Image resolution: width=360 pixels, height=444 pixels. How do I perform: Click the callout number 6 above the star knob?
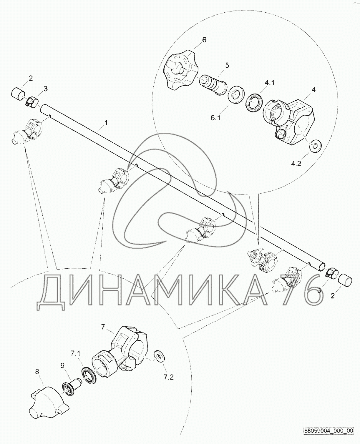tap(204, 40)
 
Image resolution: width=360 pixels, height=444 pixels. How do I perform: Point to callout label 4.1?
tap(269, 83)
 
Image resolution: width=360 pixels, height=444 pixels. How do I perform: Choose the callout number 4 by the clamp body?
tap(313, 90)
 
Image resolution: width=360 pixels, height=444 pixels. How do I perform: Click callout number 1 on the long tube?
tap(106, 123)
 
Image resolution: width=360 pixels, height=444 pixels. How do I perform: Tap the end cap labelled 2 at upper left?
tap(18, 94)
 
